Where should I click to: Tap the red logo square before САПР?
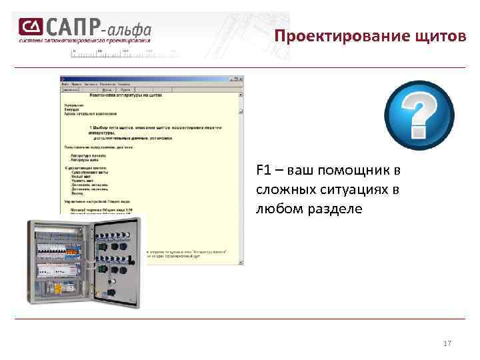pyautogui.click(x=31, y=27)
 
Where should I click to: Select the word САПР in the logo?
pyautogui.click(x=71, y=27)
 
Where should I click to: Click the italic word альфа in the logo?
pyautogui.click(x=129, y=29)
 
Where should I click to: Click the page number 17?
pyautogui.click(x=447, y=343)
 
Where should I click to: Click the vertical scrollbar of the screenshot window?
pyautogui.click(x=241, y=173)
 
